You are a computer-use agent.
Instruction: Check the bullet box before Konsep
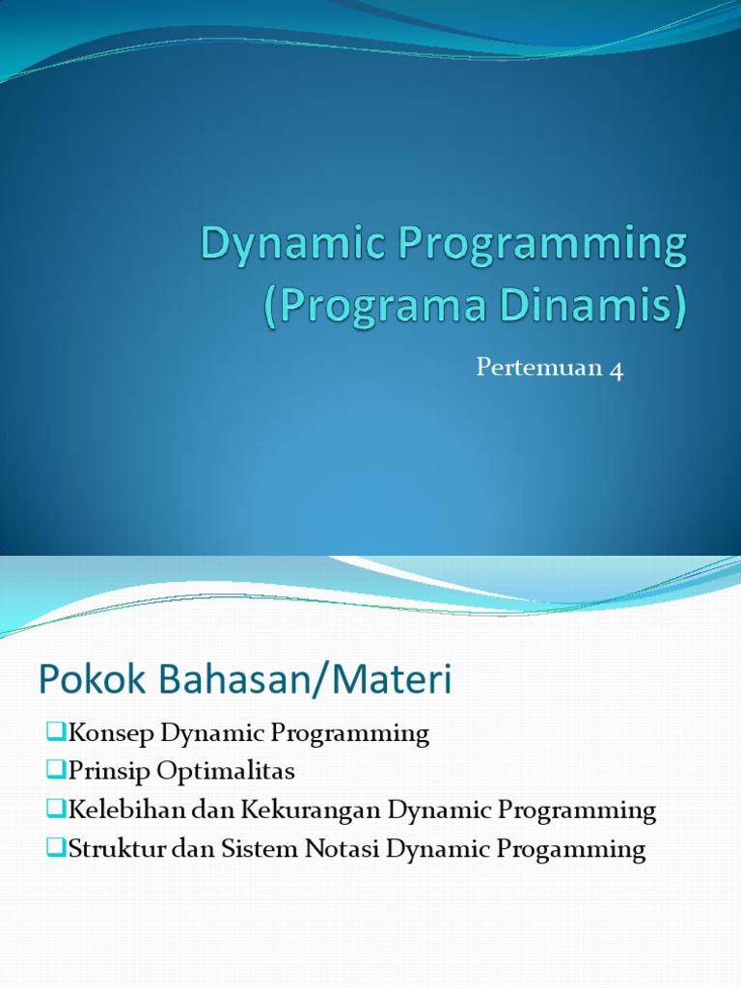tap(53, 732)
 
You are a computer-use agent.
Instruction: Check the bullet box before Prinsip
tap(53, 771)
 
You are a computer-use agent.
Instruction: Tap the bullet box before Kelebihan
tap(53, 810)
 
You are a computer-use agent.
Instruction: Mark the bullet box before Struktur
tap(53, 848)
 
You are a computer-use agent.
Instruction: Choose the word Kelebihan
tap(126, 810)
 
